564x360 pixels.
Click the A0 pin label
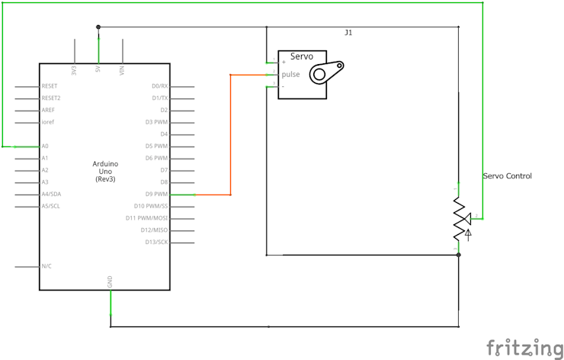coord(45,146)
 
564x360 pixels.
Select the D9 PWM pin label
coord(157,194)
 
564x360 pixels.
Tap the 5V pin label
coord(98,69)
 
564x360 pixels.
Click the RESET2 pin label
coord(51,98)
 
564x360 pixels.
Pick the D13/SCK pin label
coord(156,243)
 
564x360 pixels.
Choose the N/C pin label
coord(46,266)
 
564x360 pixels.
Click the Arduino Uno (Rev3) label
coord(105,172)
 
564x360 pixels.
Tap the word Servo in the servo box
coord(302,56)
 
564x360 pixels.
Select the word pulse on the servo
coord(290,74)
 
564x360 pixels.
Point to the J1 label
coord(348,33)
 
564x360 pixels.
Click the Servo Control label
coord(507,176)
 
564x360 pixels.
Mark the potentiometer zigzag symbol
coord(459,217)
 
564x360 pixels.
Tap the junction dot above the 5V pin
coord(98,27)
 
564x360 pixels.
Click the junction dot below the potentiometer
coord(459,255)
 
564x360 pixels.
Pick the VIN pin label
coord(122,69)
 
